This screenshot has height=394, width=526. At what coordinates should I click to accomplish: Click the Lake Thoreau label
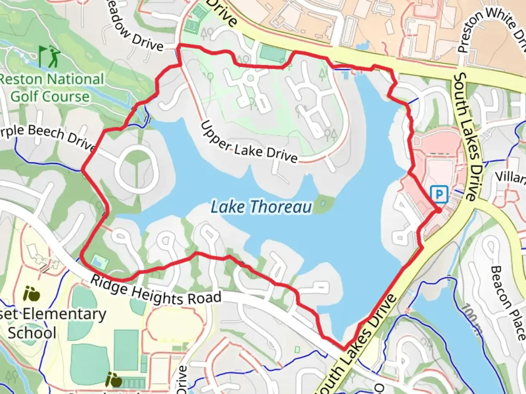[x=262, y=207]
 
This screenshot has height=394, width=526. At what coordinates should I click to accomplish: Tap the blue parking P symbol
[x=439, y=194]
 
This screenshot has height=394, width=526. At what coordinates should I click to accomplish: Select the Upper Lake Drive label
[x=249, y=143]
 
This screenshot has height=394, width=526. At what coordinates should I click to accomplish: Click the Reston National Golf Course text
[x=51, y=88]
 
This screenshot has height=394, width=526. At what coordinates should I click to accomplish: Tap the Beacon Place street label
[x=508, y=303]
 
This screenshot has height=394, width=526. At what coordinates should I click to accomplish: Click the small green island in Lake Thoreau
[x=323, y=203]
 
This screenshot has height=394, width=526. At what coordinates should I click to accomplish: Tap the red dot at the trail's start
[x=438, y=210]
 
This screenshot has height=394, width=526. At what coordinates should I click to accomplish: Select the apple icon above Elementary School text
[x=31, y=294]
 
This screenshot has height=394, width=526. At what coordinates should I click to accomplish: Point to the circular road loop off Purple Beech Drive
[x=137, y=170]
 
